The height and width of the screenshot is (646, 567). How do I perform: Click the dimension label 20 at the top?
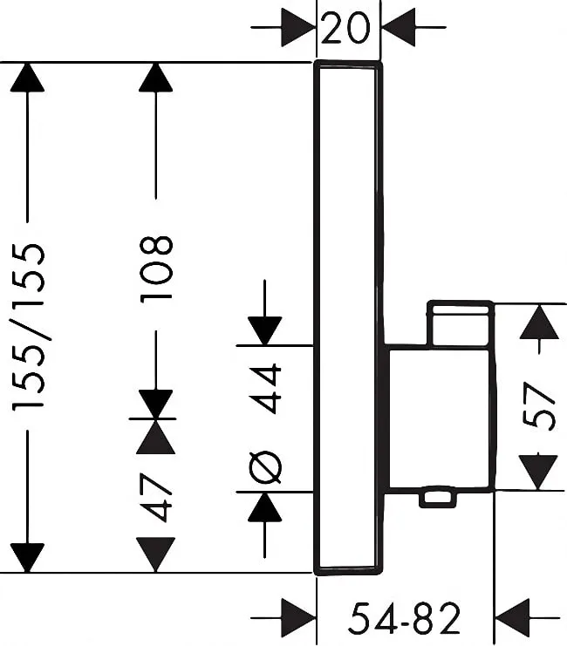[346, 31]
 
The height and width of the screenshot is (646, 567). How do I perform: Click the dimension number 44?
[267, 388]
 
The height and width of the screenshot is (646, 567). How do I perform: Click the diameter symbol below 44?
[266, 467]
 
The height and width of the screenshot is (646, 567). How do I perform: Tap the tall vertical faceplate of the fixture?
[347, 318]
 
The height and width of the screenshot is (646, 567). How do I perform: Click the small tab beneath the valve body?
[438, 498]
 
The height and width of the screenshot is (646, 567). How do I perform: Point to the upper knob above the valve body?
[460, 323]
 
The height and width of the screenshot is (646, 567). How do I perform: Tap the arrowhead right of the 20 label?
[399, 31]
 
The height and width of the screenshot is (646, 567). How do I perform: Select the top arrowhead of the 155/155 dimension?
[28, 78]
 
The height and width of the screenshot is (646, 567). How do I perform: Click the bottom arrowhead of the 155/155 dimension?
[28, 556]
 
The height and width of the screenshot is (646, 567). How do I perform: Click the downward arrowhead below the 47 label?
[156, 554]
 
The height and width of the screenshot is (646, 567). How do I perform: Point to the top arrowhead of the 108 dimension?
[156, 78]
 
